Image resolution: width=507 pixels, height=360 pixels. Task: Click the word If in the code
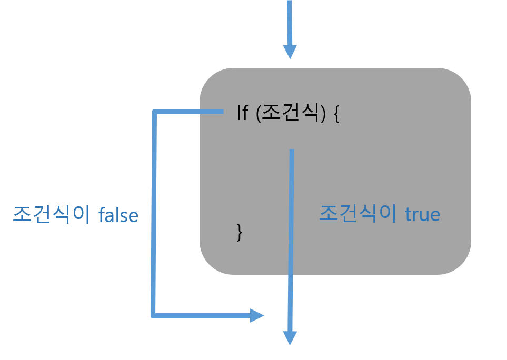(242, 113)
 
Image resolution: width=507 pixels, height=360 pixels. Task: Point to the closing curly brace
(240, 232)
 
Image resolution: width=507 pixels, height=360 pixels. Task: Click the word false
(118, 215)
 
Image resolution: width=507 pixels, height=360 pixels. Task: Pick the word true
(422, 215)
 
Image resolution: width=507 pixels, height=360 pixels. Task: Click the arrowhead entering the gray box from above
(290, 52)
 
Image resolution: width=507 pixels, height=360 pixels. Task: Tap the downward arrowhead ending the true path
(290, 338)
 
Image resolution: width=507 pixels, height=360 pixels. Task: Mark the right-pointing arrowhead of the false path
(256, 315)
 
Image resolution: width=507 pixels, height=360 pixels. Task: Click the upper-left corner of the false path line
(154, 112)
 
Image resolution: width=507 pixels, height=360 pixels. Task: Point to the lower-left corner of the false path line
(153, 315)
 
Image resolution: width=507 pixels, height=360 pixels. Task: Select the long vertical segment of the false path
(153, 211)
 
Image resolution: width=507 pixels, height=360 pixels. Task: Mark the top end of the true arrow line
(291, 152)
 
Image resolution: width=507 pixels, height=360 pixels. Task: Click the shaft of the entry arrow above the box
(289, 21)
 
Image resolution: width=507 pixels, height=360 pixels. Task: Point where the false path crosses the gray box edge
(200, 112)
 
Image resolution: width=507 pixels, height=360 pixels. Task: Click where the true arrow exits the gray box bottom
(290, 275)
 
